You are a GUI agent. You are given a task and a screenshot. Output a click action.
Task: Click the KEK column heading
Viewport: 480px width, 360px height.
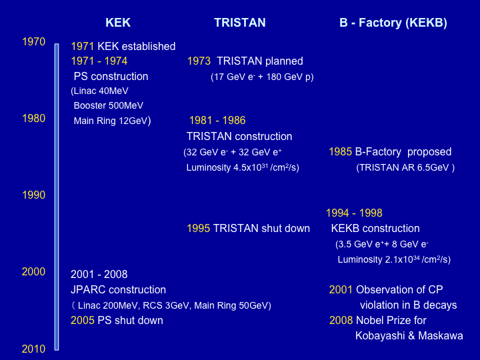pos(118,23)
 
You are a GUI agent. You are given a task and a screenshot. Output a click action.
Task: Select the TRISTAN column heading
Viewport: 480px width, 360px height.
pos(240,23)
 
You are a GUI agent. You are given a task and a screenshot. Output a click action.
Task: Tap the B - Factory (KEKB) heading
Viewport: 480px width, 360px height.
pos(393,23)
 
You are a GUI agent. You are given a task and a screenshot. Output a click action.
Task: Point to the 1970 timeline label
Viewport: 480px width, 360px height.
pos(34,41)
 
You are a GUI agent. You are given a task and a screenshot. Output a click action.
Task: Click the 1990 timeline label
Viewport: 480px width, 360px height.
pos(34,195)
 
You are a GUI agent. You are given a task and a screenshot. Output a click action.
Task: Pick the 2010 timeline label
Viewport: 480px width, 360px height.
pos(34,349)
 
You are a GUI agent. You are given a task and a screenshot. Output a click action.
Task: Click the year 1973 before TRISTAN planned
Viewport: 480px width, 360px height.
pos(199,61)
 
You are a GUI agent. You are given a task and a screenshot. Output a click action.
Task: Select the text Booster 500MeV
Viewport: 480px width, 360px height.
pos(109,105)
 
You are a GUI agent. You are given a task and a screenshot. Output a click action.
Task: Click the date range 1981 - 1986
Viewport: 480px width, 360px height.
pos(217,120)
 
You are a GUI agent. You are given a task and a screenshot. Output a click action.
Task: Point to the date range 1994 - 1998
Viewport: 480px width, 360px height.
pos(354,213)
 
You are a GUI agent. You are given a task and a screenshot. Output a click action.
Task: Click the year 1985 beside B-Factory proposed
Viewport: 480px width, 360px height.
pos(341,152)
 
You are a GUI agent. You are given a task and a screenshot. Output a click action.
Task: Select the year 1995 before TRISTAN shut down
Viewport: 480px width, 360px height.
pos(199,229)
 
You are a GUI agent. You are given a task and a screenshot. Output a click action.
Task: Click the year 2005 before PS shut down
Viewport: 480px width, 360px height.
pos(83,320)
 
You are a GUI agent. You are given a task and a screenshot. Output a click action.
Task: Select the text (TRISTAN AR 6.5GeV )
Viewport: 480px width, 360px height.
pos(405,168)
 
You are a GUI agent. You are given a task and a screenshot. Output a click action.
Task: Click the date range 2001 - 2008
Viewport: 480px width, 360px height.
pos(99,274)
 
